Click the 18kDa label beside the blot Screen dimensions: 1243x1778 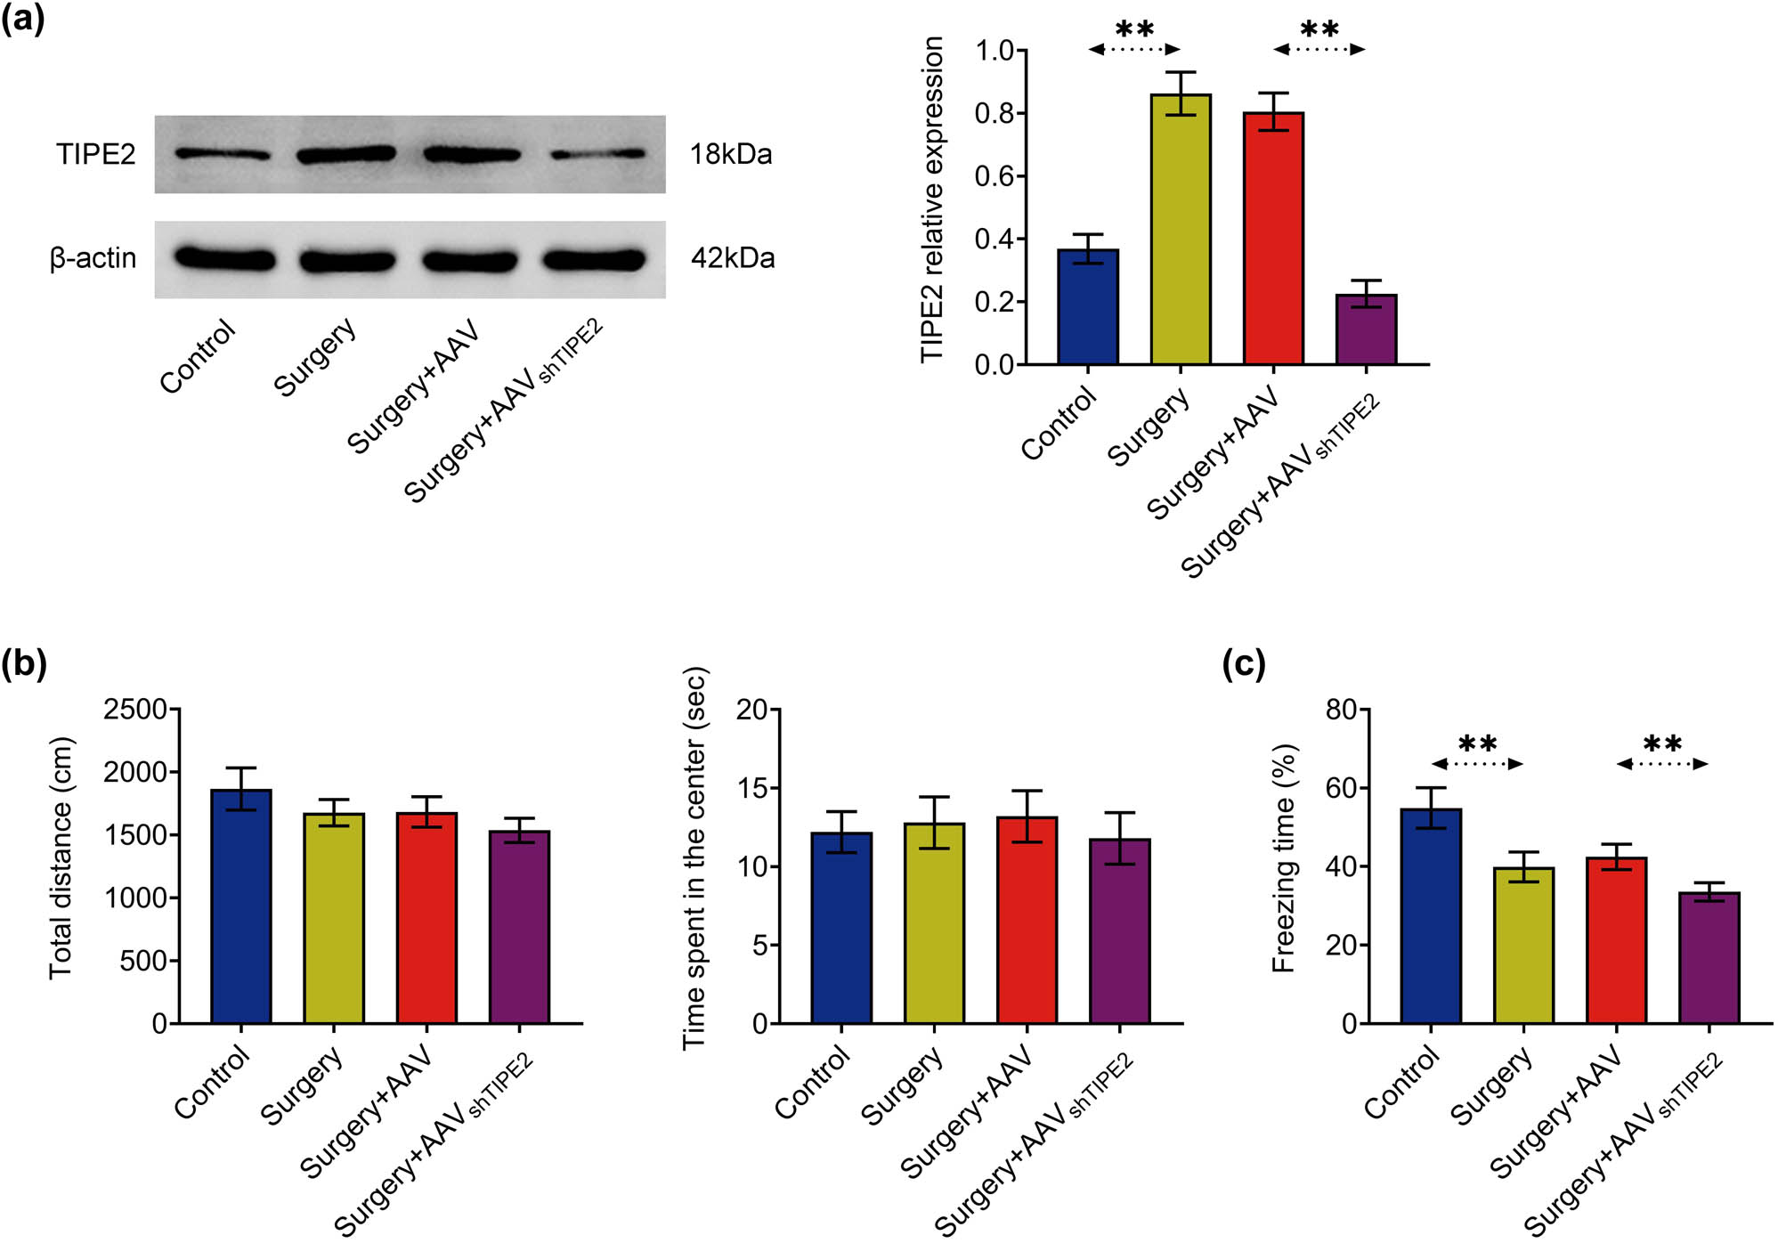(x=730, y=154)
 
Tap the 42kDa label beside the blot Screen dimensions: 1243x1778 (x=732, y=258)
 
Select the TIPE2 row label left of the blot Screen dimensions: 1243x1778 (x=95, y=154)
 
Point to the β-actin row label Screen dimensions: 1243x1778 (x=93, y=258)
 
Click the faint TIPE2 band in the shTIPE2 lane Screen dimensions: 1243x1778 (x=597, y=154)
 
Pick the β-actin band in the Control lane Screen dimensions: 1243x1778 (x=224, y=259)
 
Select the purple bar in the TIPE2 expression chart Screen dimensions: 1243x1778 (x=1366, y=329)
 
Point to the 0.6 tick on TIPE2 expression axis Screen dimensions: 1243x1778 (x=994, y=176)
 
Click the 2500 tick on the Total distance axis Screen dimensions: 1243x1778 (x=134, y=710)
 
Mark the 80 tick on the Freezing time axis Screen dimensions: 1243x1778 (x=1341, y=710)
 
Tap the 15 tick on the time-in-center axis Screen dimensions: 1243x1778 (x=752, y=788)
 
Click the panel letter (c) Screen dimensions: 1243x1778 (x=1243, y=664)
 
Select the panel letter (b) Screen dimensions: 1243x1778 (x=23, y=664)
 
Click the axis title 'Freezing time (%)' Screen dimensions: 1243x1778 (x=1283, y=858)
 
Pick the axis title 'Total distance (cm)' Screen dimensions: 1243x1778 (x=60, y=858)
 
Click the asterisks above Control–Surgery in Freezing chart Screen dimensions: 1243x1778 (x=1477, y=743)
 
